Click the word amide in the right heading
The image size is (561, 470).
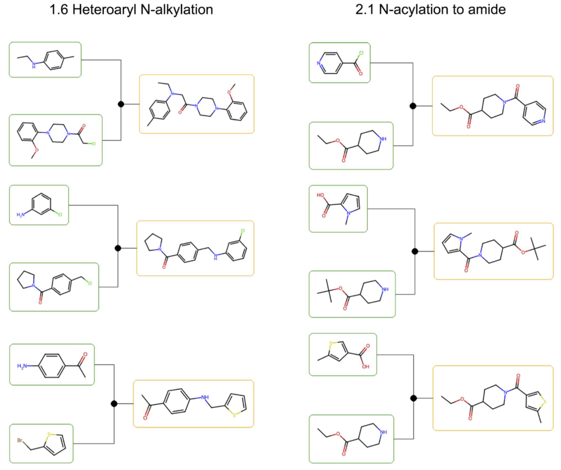click(488, 10)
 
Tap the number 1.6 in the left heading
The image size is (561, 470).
click(59, 10)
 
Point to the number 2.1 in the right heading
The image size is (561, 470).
click(365, 10)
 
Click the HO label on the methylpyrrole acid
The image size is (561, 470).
click(320, 196)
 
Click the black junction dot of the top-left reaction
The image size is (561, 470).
click(121, 104)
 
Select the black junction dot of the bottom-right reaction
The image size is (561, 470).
click(413, 398)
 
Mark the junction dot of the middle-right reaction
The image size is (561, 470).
click(415, 251)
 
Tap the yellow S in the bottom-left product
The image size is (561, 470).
click(236, 415)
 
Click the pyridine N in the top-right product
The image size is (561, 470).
click(542, 121)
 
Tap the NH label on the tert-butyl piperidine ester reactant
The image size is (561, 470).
click(384, 290)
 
